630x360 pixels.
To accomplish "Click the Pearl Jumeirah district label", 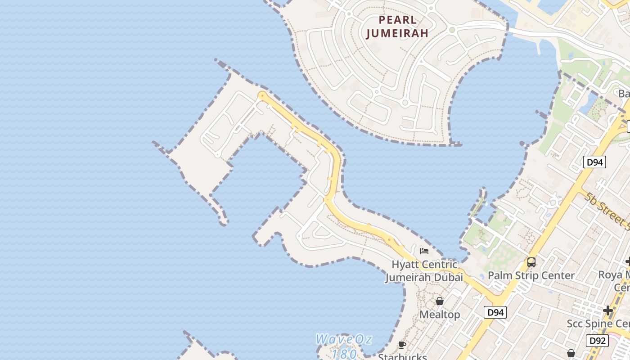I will tap(397, 27).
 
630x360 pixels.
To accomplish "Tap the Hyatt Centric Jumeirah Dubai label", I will tap(424, 271).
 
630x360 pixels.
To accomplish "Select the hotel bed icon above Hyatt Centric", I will tap(424, 251).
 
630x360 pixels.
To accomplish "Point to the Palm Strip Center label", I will tap(531, 275).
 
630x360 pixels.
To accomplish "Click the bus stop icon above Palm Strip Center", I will tap(531, 262).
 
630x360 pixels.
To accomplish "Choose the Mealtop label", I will tap(440, 315).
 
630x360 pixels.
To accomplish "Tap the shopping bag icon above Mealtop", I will tap(440, 301).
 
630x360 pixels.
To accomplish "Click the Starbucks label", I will tap(402, 356).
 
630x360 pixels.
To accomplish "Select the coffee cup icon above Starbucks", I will tap(402, 345).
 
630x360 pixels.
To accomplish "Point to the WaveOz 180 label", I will tap(344, 346).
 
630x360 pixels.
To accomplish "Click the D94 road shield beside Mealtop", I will tap(495, 312).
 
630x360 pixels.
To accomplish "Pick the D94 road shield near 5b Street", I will tap(594, 162).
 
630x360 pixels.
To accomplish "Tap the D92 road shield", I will tap(597, 341).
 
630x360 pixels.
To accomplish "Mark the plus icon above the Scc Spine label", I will tap(608, 310).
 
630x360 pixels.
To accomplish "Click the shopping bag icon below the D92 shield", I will tap(571, 353).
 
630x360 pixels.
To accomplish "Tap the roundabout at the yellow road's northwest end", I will tap(262, 95).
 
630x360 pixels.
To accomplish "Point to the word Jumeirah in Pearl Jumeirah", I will tap(397, 33).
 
